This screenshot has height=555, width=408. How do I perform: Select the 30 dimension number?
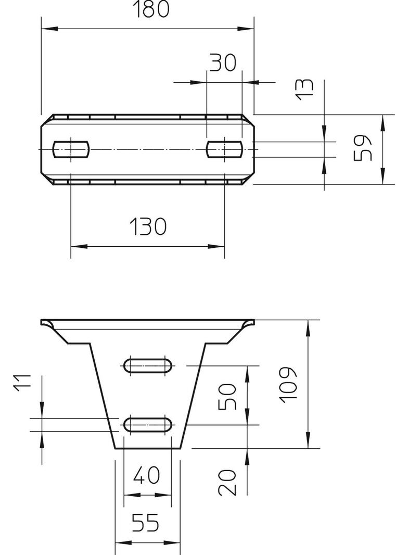click(223, 63)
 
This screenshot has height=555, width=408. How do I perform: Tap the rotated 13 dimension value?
click(304, 89)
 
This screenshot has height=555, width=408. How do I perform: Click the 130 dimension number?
click(148, 226)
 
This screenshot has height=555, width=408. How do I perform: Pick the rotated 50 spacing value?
click(227, 397)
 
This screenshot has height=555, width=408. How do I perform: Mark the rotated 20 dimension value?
click(227, 482)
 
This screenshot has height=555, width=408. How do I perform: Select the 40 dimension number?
click(147, 475)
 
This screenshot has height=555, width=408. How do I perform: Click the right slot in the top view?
click(224, 149)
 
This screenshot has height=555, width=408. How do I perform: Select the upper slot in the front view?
click(148, 365)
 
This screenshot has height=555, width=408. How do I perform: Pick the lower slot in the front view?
click(148, 424)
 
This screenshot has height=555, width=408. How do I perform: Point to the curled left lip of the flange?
click(47, 324)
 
